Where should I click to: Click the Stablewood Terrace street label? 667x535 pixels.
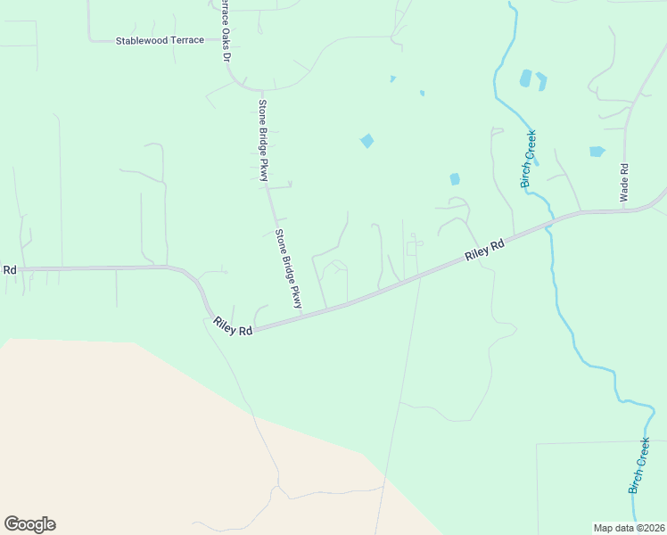pos(160,41)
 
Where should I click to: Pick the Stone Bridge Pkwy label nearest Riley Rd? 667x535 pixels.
pos(288,269)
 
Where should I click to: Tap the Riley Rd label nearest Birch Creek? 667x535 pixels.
pos(484,249)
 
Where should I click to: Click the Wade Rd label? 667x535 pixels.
pos(624,181)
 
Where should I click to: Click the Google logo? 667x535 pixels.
pos(29,524)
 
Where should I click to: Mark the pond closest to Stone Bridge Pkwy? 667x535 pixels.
pos(366,141)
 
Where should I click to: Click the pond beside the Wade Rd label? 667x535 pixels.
pos(597,152)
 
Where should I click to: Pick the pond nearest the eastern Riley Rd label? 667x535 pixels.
pos(455,179)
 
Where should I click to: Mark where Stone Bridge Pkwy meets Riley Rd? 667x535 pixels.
pos(302,316)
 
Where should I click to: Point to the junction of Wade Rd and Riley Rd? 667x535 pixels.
pos(625,211)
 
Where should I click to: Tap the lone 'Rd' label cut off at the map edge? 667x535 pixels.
pos(10,269)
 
